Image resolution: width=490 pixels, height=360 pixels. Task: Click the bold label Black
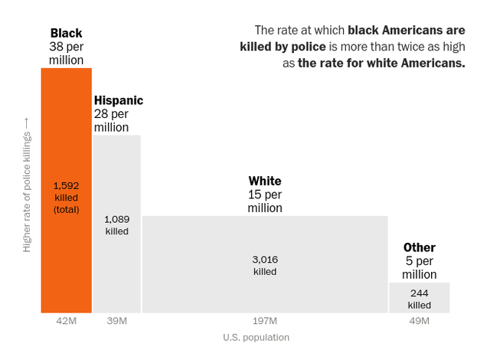pyautogui.click(x=67, y=33)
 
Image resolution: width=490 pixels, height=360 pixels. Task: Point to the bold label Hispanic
pyautogui.click(x=118, y=100)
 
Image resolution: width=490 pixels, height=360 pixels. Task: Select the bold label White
pyautogui.click(x=265, y=181)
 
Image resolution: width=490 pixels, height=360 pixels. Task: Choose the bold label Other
pyautogui.click(x=419, y=247)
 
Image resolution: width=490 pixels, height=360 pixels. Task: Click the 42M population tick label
pyautogui.click(x=67, y=320)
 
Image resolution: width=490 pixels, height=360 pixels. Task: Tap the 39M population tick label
pyautogui.click(x=117, y=320)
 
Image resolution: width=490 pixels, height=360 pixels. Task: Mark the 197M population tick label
pyautogui.click(x=265, y=320)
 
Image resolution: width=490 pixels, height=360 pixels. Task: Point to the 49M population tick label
pyautogui.click(x=419, y=320)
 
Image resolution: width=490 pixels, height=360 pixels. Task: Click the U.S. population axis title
pyautogui.click(x=256, y=337)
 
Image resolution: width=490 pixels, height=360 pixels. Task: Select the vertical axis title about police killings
pyautogui.click(x=28, y=185)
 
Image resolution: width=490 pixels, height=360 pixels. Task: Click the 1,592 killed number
pyautogui.click(x=67, y=185)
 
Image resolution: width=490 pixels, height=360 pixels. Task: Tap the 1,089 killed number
pyautogui.click(x=117, y=219)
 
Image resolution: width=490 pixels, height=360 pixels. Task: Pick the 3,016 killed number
pyautogui.click(x=265, y=260)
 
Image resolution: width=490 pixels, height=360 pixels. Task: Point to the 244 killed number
pyautogui.click(x=419, y=293)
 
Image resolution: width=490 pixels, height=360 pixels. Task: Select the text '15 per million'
pyautogui.click(x=265, y=201)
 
